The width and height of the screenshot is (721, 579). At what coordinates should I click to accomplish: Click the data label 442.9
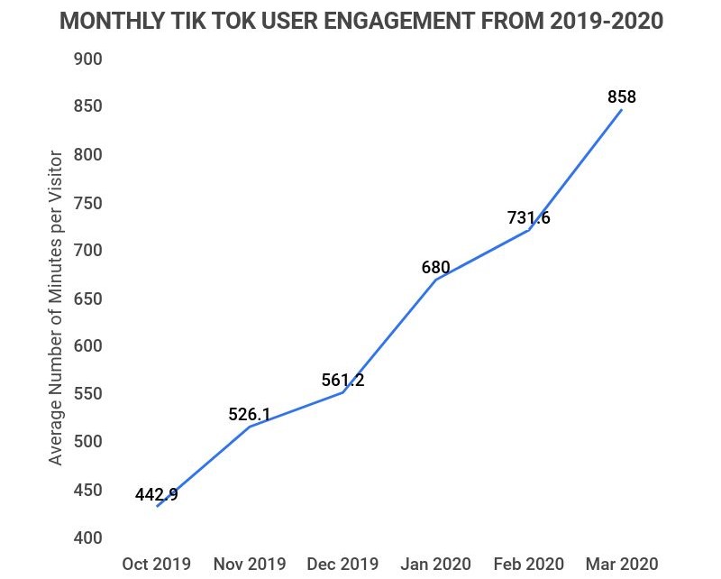pos(157,494)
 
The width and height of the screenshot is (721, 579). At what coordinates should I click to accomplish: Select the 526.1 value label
pos(250,414)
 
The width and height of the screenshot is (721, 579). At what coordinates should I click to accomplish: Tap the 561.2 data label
pos(342,381)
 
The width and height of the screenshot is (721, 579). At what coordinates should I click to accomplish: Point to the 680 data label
pos(435,268)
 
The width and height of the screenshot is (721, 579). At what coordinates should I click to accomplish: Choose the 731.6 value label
pos(528,217)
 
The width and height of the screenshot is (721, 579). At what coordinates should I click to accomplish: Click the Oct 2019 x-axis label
pos(157,565)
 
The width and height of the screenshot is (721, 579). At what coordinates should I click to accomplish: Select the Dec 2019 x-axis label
pos(342,565)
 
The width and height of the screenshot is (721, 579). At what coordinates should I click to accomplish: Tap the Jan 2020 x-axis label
pos(435,565)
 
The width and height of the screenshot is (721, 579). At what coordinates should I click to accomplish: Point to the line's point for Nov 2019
pos(250,426)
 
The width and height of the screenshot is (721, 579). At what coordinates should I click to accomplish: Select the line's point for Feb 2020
pos(528,229)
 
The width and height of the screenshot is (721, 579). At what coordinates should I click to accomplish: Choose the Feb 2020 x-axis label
pos(528,565)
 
